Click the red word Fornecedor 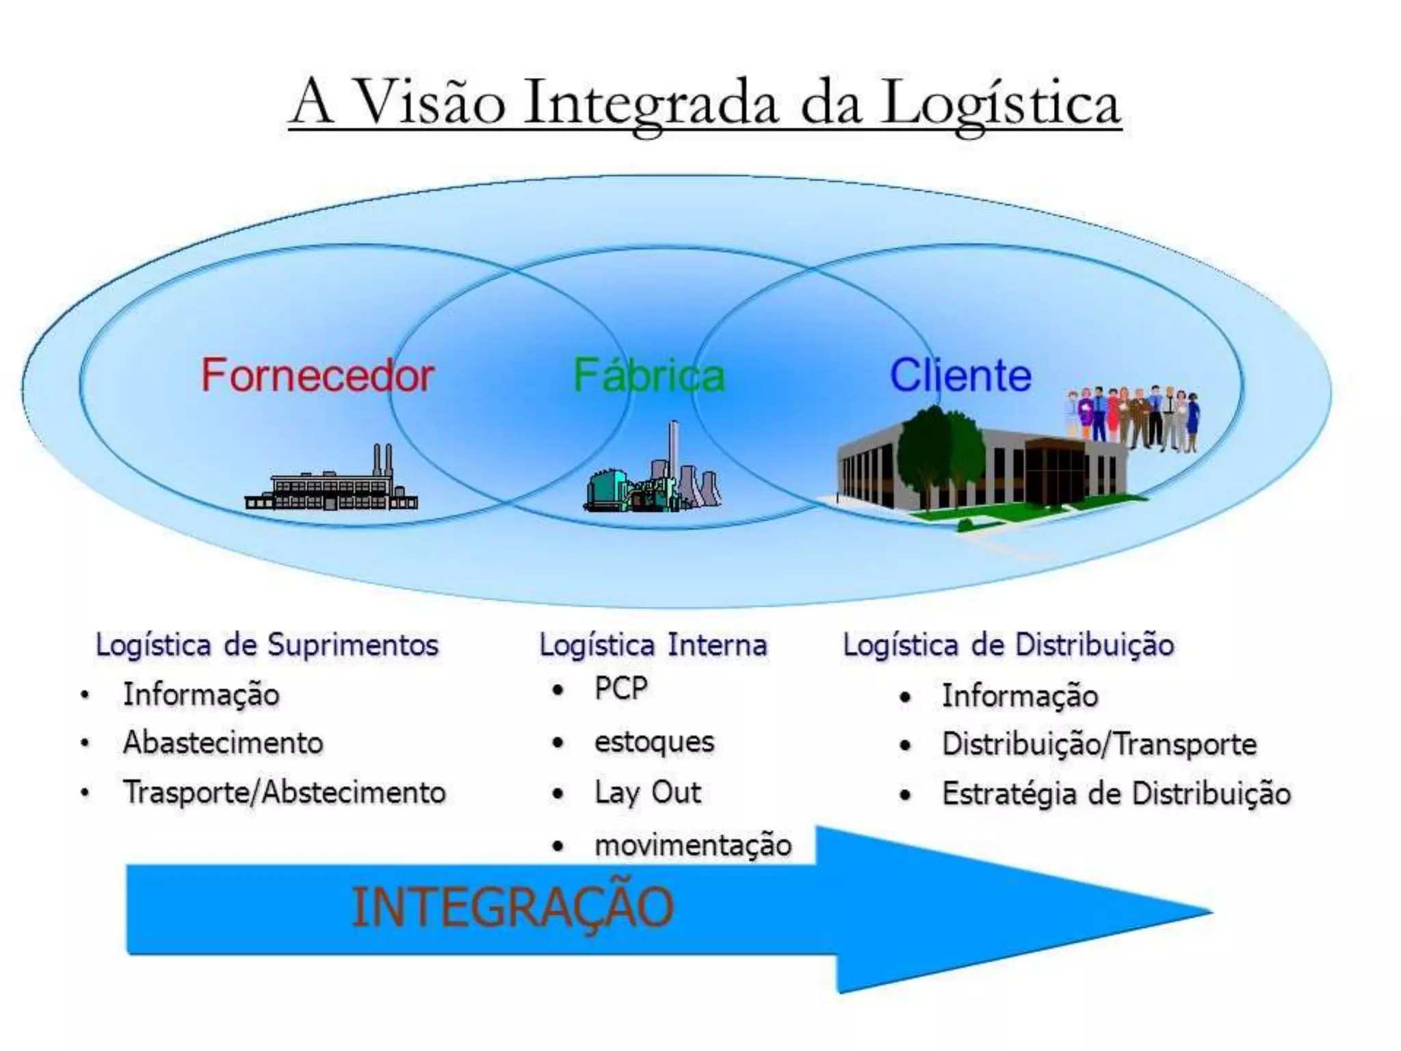tap(317, 375)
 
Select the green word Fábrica tap(649, 375)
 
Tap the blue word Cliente tap(960, 375)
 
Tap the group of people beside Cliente tap(1133, 417)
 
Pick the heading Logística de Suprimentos tap(267, 645)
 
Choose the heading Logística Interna tap(653, 645)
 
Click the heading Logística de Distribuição tap(1008, 645)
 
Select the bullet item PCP tap(620, 688)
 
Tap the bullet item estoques tap(654, 742)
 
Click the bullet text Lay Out tap(647, 793)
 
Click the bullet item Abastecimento tap(223, 742)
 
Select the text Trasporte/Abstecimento tap(285, 792)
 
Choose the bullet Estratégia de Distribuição tap(1116, 794)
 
